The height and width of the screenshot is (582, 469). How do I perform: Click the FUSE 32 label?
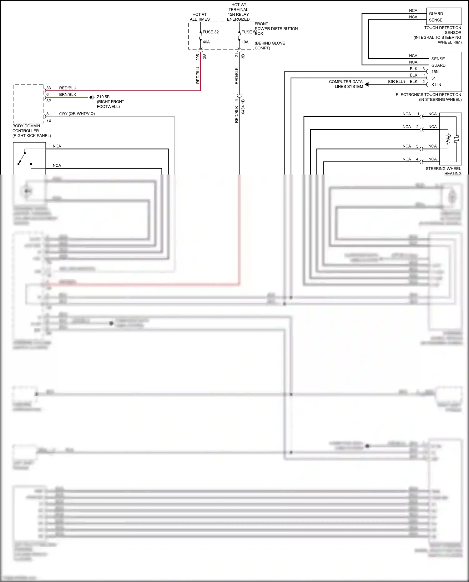coord(210,32)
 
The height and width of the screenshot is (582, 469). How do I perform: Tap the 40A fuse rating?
coord(206,42)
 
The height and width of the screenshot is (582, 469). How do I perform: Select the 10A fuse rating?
coord(245,42)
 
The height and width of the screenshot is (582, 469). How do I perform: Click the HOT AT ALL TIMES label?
coord(199,17)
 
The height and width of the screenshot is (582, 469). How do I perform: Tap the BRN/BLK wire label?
coord(68,94)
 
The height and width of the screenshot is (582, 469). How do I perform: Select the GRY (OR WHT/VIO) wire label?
coord(77,114)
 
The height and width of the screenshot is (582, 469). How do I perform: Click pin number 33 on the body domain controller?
coord(48,88)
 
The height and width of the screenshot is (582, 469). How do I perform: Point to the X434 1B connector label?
coord(243,107)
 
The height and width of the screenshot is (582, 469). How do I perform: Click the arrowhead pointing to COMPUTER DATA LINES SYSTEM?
coord(367,84)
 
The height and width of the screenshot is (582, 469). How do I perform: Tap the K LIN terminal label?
coord(436,84)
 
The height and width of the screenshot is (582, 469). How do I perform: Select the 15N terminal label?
coord(435,72)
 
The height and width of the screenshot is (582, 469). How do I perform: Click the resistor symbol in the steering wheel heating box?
coord(448,139)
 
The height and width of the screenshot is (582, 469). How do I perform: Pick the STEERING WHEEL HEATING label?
coord(443,171)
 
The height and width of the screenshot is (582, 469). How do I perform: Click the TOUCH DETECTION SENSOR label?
coord(442,30)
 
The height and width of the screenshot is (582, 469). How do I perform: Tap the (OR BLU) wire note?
coord(396,82)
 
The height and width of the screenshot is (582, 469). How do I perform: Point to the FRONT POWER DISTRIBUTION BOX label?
coord(276,28)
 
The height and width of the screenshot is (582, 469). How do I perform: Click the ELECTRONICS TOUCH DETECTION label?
coord(428,95)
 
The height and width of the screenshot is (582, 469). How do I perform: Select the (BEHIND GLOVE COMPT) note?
coord(270,46)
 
